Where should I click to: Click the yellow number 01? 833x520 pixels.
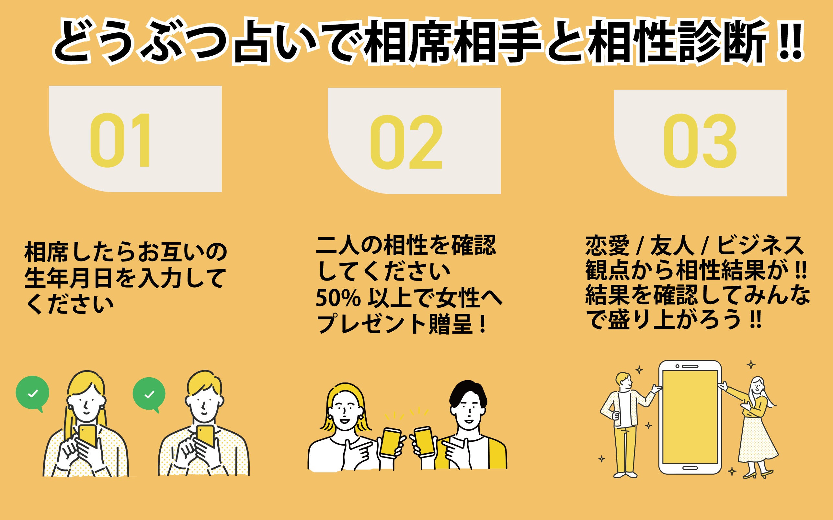pos(120,140)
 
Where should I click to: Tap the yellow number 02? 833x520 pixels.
pos(406,142)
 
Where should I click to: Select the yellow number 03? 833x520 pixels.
pos(700,142)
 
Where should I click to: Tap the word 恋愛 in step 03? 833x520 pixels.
pos(607,246)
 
